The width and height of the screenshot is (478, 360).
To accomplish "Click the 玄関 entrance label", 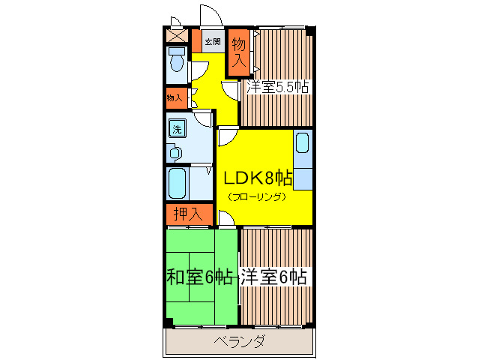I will pos(213,42).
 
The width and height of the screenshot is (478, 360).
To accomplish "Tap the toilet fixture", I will pos(177,60).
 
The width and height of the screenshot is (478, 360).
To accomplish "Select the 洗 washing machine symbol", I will pos(178,129).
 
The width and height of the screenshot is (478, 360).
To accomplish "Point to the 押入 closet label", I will pos(187,214).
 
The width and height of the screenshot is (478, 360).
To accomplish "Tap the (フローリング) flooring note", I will pos(257,197).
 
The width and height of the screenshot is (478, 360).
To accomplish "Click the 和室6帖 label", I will pos(198,277).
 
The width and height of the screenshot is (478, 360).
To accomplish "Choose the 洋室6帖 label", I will pos(274,277).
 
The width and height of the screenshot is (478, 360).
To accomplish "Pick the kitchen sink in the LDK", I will pos(302,142).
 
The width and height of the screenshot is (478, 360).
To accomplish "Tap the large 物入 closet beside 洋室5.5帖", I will pos(239,52).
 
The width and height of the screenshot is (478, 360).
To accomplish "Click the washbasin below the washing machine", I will pos(175,153).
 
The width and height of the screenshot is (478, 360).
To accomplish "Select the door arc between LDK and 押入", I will pos(226,217).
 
